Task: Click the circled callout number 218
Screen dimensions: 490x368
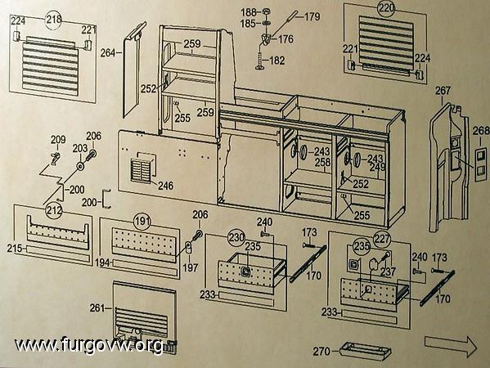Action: click(54, 20)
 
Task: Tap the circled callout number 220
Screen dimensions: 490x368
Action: click(386, 9)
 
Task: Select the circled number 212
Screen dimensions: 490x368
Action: click(54, 210)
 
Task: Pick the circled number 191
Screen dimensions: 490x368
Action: click(142, 222)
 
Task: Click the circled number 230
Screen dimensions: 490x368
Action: click(236, 237)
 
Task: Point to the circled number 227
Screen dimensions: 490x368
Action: click(382, 240)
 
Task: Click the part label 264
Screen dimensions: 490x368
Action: click(108, 53)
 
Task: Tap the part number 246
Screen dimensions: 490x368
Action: click(165, 186)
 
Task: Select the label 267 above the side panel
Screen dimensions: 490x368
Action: click(443, 91)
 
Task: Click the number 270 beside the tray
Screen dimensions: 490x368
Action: click(321, 352)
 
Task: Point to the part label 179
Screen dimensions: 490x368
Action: click(312, 16)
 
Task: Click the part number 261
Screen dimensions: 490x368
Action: click(97, 308)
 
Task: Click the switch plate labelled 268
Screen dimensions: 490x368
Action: click(481, 165)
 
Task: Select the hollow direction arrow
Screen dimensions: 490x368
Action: click(451, 345)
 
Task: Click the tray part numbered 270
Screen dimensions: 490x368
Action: click(366, 351)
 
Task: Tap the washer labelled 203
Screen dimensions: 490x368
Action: click(81, 166)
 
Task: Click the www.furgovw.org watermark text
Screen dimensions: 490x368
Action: click(89, 345)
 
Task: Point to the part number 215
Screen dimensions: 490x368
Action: click(15, 249)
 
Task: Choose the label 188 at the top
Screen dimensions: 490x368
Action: click(249, 12)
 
